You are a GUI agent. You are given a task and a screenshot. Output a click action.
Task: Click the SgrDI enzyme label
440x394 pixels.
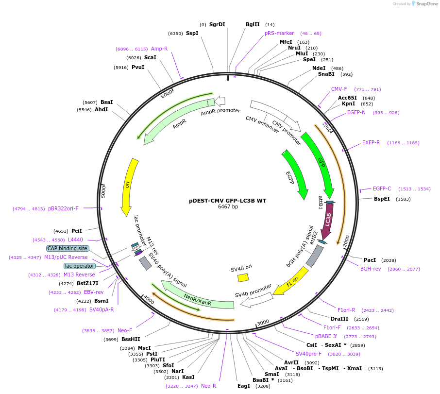[x=217, y=25]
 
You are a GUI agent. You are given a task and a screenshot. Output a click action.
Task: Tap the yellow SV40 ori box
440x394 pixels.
[x=243, y=277]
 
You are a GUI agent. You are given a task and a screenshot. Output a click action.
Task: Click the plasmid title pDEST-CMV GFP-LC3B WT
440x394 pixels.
[x=227, y=200]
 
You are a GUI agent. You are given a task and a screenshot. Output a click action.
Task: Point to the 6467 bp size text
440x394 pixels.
[x=228, y=206]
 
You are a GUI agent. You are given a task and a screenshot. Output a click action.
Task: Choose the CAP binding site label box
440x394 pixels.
[x=68, y=248]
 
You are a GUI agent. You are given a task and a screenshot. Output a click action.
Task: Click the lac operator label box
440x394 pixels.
[x=78, y=266]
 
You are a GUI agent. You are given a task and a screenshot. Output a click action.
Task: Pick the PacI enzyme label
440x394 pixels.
[x=370, y=260]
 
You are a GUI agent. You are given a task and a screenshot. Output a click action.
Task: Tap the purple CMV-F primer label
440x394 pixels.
[x=339, y=89]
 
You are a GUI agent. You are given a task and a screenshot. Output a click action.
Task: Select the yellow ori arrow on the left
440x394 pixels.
[x=128, y=187]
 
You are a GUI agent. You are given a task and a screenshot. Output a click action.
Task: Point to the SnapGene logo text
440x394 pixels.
[x=425, y=4]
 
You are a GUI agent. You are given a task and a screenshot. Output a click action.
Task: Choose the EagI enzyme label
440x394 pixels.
[x=243, y=386]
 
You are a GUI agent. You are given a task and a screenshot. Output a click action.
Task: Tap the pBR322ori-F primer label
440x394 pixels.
[x=63, y=208]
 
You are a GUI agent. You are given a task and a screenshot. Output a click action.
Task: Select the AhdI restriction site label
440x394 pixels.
[x=101, y=110]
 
